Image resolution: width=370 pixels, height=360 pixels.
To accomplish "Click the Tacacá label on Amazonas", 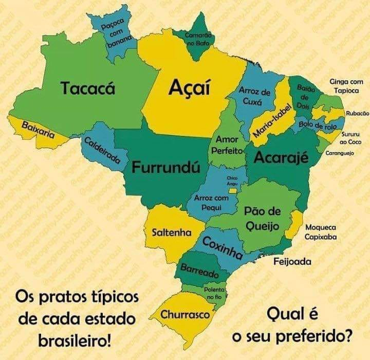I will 88,88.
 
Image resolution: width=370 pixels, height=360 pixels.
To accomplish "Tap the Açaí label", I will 190,88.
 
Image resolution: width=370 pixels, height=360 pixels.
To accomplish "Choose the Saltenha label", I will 172,232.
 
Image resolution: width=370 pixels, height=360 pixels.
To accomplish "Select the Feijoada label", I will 292,262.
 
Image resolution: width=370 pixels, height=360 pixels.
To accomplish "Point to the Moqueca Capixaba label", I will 321,232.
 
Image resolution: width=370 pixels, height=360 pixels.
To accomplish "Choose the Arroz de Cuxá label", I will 255,96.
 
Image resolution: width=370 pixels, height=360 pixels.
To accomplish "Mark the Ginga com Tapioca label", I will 346,86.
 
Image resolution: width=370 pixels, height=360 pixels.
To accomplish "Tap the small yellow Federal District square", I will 232,190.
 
